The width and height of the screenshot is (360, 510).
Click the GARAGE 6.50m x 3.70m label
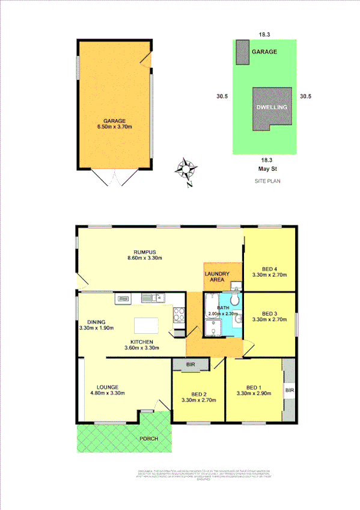pyautogui.click(x=114, y=124)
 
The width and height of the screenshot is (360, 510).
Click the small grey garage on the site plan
pyautogui.click(x=243, y=52)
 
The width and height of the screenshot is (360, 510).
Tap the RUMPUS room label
pyautogui.click(x=142, y=255)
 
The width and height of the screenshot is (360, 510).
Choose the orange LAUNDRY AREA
pyautogui.click(x=217, y=277)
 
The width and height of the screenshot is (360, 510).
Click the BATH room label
pyautogui.click(x=222, y=310)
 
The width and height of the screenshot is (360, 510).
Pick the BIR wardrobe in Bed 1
pyautogui.click(x=289, y=390)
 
